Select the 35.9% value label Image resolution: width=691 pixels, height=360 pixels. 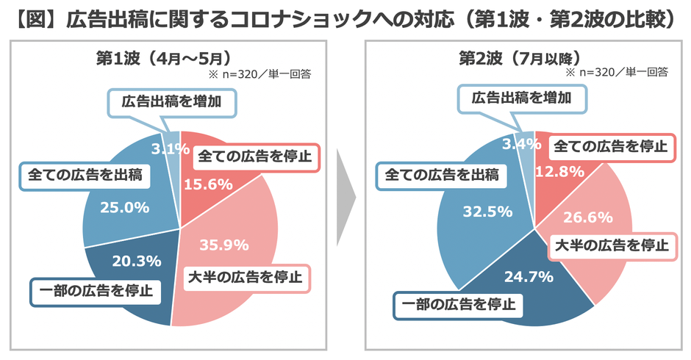click(223, 245)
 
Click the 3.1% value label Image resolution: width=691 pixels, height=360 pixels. click(171, 148)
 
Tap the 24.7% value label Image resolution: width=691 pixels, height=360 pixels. click(526, 276)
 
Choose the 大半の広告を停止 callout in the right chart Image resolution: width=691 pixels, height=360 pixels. click(609, 245)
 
